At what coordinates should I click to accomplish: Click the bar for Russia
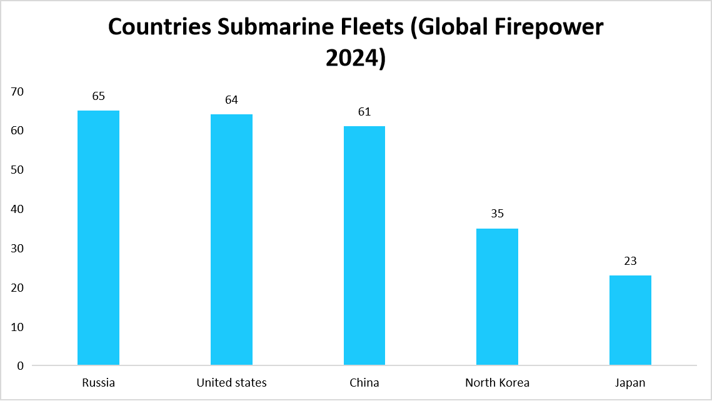pyautogui.click(x=98, y=237)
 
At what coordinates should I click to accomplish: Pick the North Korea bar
pyautogui.click(x=497, y=297)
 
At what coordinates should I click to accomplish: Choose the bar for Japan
pyautogui.click(x=630, y=320)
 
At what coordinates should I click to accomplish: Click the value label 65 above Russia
pyautogui.click(x=98, y=96)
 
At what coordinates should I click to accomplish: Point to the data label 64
pyautogui.click(x=231, y=100)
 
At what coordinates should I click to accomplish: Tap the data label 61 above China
pyautogui.click(x=364, y=112)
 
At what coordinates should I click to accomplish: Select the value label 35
pyautogui.click(x=497, y=214)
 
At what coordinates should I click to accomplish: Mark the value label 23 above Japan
pyautogui.click(x=630, y=260)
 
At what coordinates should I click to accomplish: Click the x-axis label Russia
pyautogui.click(x=98, y=382)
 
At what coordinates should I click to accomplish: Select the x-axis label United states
pyautogui.click(x=231, y=382)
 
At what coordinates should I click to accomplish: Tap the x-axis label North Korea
pyautogui.click(x=497, y=382)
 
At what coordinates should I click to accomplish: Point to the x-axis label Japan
pyautogui.click(x=630, y=382)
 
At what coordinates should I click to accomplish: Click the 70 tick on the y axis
pyautogui.click(x=17, y=92)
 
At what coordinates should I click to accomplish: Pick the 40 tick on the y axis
pyautogui.click(x=17, y=209)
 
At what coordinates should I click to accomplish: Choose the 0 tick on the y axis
pyautogui.click(x=20, y=366)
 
